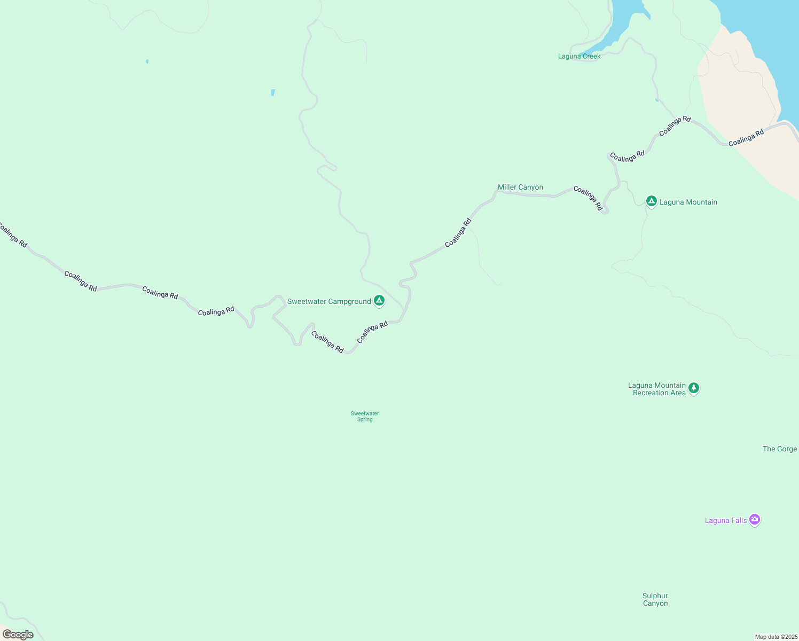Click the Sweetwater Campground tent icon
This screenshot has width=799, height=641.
pos(379,301)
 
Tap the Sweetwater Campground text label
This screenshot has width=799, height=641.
pos(329,302)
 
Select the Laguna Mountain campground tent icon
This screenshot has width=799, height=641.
pos(651,201)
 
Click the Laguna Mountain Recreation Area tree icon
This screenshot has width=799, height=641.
pos(694,388)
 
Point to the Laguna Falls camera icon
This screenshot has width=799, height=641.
pos(755,519)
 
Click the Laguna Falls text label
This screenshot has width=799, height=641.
pos(726,521)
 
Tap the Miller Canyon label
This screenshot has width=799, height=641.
pos(520,187)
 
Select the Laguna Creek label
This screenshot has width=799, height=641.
pos(579,57)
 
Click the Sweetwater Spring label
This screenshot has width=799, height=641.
pos(365,417)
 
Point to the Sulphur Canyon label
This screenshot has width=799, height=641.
pos(655,600)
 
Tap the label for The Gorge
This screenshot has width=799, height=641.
pos(780,449)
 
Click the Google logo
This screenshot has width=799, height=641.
pos(18,635)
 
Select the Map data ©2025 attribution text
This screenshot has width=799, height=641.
pos(776,637)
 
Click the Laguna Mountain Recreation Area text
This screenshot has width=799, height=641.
pos(657,389)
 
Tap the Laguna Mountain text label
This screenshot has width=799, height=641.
pos(688,202)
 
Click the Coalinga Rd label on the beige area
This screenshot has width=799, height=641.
pos(746,138)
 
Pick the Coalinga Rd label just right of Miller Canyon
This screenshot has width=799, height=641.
pos(588,198)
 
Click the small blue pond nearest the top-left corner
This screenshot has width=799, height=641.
pos(147,61)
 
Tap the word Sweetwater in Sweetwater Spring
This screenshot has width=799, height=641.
pos(365,413)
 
